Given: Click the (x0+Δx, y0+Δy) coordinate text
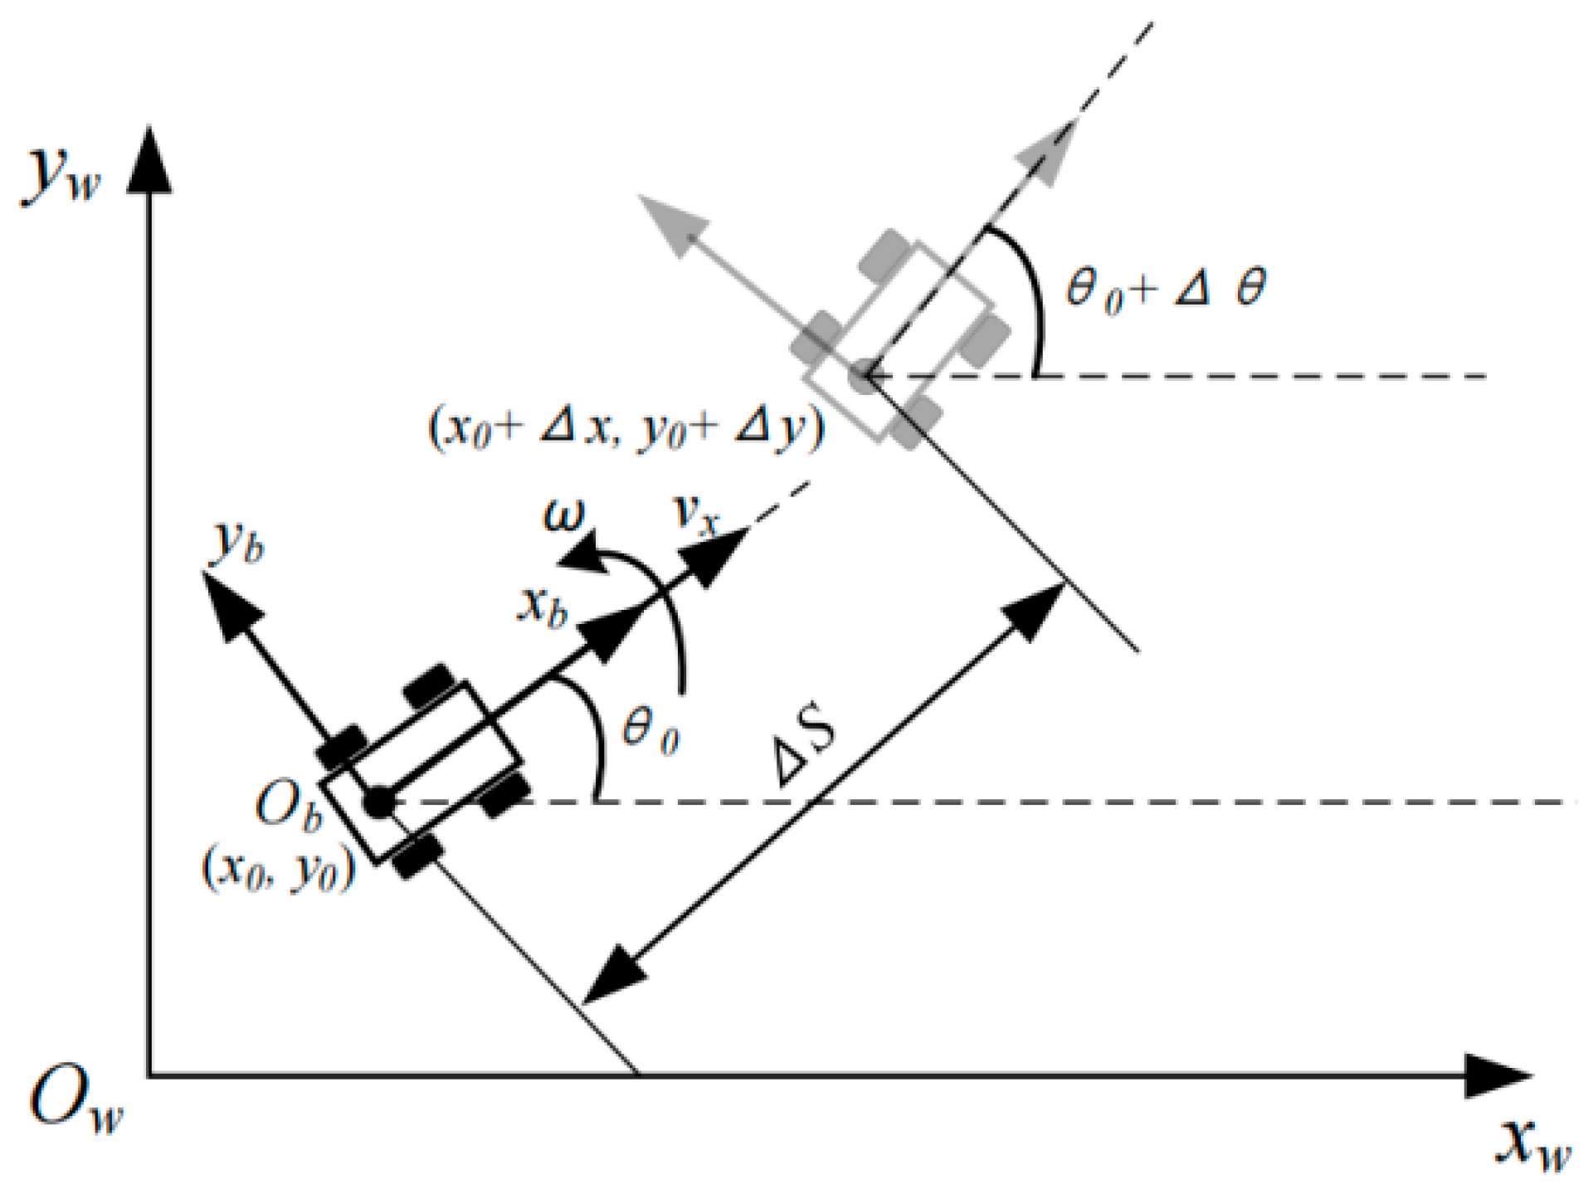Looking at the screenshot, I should (626, 430).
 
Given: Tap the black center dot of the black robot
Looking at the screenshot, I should (379, 802).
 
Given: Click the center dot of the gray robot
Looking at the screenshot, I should (864, 375).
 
